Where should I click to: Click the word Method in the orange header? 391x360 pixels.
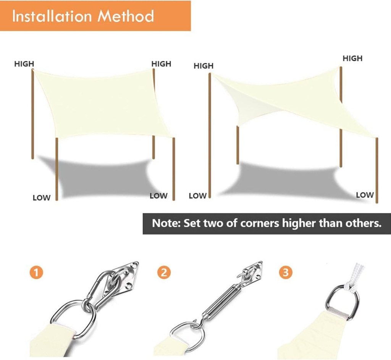[x=125, y=16]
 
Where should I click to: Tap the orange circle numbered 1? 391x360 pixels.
[x=36, y=272]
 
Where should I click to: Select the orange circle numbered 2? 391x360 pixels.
[x=164, y=272]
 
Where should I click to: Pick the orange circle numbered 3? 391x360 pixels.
[x=286, y=272]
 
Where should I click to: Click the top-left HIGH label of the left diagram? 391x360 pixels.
[x=24, y=64]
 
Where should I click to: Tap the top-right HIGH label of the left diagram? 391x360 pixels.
[x=161, y=64]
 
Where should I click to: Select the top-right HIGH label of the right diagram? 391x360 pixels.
[x=352, y=58]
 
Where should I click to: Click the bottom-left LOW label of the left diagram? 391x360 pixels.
[x=42, y=198]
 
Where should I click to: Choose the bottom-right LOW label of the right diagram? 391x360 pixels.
[x=365, y=195]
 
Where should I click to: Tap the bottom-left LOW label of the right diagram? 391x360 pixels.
[x=197, y=196]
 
